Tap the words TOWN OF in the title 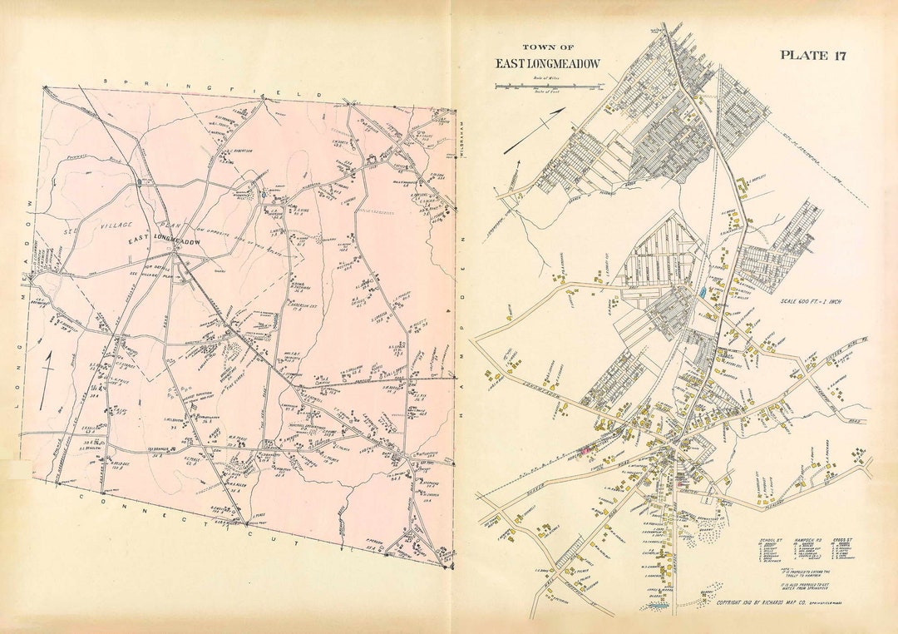coord(547,47)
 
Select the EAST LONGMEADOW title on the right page coord(547,64)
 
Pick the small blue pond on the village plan coord(704,293)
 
